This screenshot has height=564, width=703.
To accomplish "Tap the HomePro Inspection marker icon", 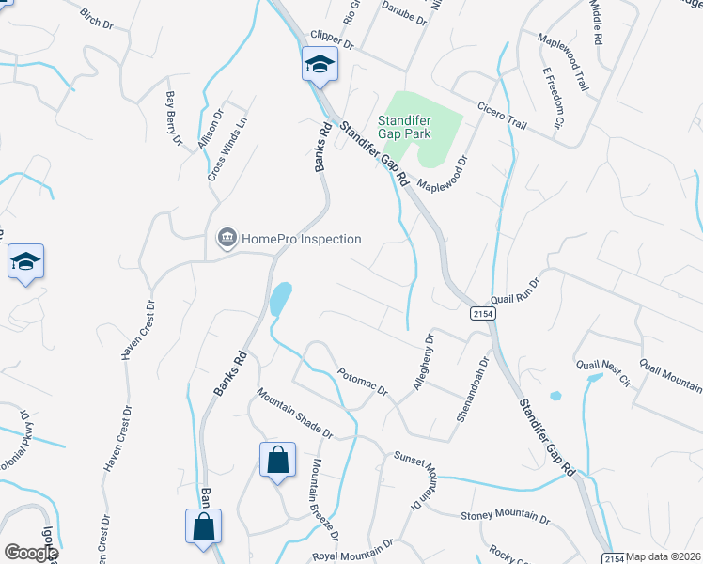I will [227, 239].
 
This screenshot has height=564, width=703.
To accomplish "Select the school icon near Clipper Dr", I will [320, 66].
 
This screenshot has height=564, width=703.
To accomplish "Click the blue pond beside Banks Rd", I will [280, 300].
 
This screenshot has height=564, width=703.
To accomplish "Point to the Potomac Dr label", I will [363, 380].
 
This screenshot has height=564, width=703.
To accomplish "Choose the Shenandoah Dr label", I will [473, 387].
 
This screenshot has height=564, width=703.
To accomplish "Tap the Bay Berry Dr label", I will [173, 118].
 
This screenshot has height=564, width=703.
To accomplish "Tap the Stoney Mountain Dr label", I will [505, 517].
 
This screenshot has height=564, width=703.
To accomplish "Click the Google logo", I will [31, 553].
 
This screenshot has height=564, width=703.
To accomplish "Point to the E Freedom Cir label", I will [552, 98].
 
